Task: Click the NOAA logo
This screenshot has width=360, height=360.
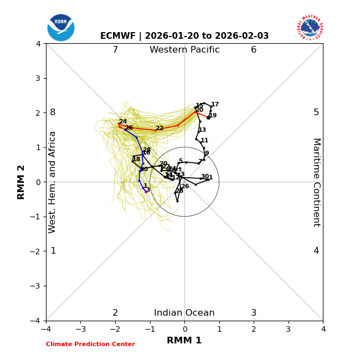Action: [61, 27]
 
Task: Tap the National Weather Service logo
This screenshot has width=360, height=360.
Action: [310, 27]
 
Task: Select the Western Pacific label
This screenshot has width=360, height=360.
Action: [184, 50]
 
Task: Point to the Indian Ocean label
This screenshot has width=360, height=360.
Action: [184, 313]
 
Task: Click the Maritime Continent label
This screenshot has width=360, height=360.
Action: [316, 182]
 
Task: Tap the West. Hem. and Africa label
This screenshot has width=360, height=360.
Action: [53, 182]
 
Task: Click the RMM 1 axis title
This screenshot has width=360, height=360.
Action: [184, 341]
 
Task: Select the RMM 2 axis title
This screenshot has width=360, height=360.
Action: [21, 182]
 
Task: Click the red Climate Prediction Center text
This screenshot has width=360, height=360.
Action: [90, 344]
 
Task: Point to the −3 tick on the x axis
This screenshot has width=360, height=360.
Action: [80, 330]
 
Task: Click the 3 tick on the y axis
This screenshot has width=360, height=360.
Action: [38, 78]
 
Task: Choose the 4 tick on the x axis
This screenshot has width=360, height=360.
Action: [323, 330]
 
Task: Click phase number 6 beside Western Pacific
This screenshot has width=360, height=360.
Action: [254, 50]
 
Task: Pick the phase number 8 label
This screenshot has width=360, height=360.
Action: [53, 112]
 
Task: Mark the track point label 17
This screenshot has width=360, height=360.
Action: [215, 105]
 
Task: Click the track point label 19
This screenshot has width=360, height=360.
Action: [213, 116]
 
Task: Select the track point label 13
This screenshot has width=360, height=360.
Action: [202, 130]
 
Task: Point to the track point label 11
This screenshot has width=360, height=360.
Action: [204, 141]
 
